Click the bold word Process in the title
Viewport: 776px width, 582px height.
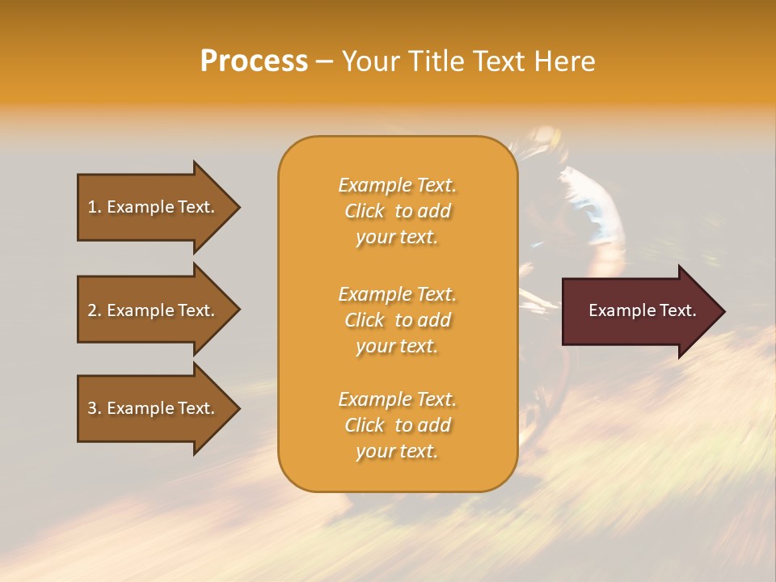(254, 61)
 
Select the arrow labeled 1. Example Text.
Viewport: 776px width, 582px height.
(154, 207)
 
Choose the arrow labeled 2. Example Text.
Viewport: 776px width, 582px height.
(154, 310)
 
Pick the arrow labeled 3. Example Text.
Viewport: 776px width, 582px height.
(154, 408)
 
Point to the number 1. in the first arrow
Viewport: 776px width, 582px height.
(95, 207)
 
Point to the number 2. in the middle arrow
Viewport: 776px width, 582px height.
(95, 310)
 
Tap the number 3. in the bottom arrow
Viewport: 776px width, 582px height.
(95, 408)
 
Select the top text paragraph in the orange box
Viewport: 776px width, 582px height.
(397, 211)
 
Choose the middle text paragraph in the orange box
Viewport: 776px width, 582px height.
(397, 320)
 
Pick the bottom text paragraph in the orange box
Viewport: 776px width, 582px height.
(397, 425)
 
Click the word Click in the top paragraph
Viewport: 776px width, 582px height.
(365, 211)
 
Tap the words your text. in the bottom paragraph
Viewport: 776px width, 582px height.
(397, 451)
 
